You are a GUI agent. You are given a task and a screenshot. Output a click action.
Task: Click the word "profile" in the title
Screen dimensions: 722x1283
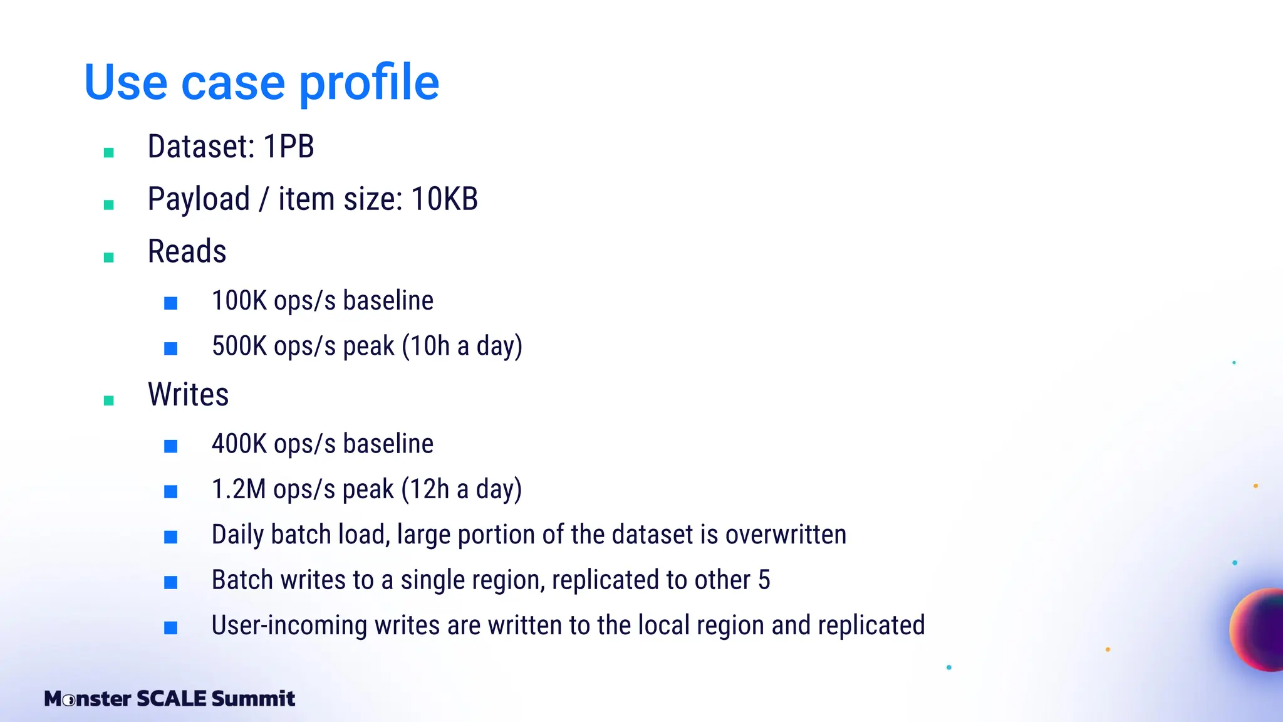tap(369, 83)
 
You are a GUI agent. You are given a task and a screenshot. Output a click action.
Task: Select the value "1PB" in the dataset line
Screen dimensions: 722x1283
tap(288, 147)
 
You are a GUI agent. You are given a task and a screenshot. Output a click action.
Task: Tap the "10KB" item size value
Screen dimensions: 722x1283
tap(444, 199)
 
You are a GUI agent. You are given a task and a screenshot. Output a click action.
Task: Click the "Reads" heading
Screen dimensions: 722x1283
tap(187, 252)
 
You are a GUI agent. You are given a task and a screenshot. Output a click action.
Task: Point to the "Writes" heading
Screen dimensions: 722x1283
tap(188, 395)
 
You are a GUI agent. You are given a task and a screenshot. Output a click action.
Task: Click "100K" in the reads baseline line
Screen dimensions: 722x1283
tap(239, 301)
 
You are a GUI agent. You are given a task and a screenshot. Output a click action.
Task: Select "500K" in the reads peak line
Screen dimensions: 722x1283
tap(239, 346)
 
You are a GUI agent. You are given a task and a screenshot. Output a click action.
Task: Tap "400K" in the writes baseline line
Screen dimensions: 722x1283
tap(239, 444)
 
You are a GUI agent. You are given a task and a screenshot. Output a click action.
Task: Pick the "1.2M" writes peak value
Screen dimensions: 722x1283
tap(239, 489)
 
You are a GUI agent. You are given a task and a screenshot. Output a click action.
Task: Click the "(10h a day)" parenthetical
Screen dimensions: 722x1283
tap(462, 346)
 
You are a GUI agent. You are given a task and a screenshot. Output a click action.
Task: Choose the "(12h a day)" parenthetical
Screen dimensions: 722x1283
tap(461, 489)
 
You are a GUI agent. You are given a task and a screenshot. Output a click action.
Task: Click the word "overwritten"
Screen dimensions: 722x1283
tap(786, 535)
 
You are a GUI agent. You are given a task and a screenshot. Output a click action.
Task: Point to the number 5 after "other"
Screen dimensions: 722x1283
tap(764, 580)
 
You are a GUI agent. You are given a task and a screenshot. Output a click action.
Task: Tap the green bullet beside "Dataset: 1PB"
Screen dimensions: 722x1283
tap(108, 152)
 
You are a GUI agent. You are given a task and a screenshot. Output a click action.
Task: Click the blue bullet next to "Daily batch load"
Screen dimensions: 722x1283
tap(170, 537)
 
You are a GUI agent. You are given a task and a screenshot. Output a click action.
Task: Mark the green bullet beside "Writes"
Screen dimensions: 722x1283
tap(108, 400)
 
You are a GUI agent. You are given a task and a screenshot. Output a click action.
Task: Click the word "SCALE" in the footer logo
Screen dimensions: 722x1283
tap(171, 698)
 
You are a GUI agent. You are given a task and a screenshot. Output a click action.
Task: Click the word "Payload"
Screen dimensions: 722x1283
tap(199, 199)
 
